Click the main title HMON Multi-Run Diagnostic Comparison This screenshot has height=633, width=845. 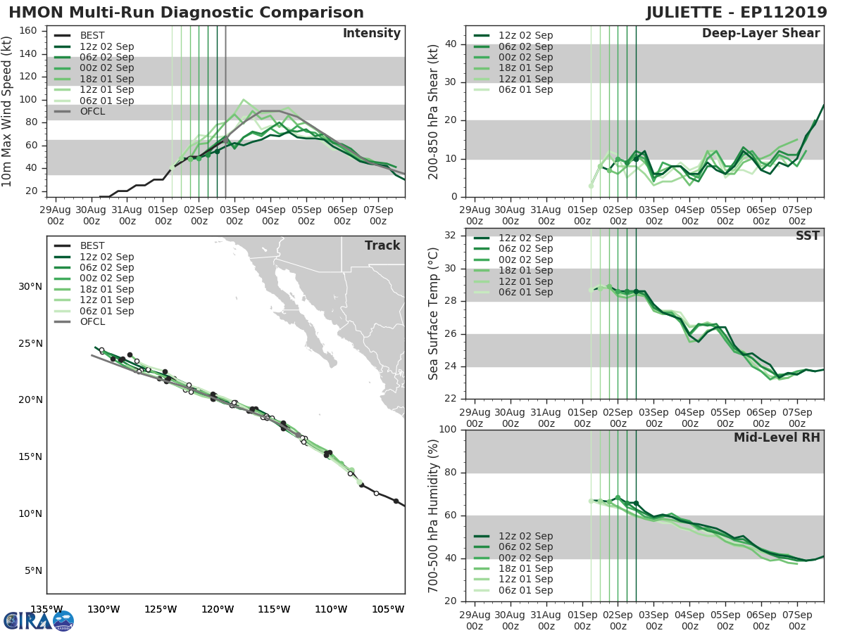point(187,13)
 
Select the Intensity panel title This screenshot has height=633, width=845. point(371,34)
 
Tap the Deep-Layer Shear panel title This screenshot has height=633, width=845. point(760,34)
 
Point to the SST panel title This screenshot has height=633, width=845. point(808,236)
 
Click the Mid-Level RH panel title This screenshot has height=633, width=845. point(777,438)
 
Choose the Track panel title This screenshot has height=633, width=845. point(382,245)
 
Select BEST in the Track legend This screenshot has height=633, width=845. point(92,245)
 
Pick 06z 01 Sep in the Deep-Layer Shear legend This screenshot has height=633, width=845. point(525,89)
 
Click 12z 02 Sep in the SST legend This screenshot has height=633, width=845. point(525,238)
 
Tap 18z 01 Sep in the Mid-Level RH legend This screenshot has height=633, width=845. point(525,568)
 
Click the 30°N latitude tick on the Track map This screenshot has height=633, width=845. point(30,286)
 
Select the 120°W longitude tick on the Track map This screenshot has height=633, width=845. point(218,609)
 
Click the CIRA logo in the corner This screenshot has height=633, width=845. point(38,620)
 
